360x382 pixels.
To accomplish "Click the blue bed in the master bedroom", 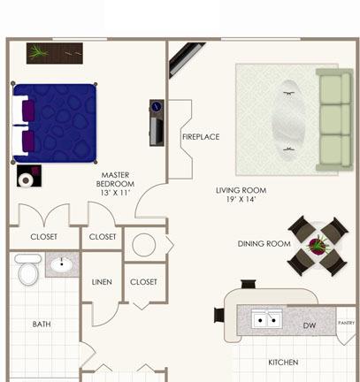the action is pyautogui.click(x=55, y=123).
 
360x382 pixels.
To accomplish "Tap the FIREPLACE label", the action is pyautogui.click(x=201, y=137).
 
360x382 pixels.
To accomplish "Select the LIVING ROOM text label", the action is pyautogui.click(x=241, y=190).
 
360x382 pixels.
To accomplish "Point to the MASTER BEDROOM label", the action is pyautogui.click(x=115, y=180).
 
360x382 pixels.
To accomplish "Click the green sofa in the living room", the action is pyautogui.click(x=334, y=120).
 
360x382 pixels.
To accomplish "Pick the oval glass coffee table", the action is pyautogui.click(x=287, y=120).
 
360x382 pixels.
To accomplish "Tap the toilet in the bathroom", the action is pyautogui.click(x=28, y=269).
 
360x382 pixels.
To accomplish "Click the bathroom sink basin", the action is pyautogui.click(x=62, y=264).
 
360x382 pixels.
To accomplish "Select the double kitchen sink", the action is pyautogui.click(x=267, y=319).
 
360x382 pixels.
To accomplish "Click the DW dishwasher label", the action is pyautogui.click(x=310, y=325).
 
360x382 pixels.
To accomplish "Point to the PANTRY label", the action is pyautogui.click(x=347, y=323).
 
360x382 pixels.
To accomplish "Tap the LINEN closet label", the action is pyautogui.click(x=102, y=282).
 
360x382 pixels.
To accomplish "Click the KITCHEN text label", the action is pyautogui.click(x=283, y=362).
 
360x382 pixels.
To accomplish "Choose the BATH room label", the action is pyautogui.click(x=42, y=325).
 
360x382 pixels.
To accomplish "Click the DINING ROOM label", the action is pyautogui.click(x=264, y=244).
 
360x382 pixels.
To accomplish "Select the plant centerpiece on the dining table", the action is pyautogui.click(x=318, y=245).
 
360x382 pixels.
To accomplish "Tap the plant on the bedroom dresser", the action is pyautogui.click(x=38, y=52).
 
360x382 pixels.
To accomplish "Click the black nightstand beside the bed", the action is pyautogui.click(x=29, y=176).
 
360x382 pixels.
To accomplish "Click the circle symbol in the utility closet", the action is pyautogui.click(x=144, y=245).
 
